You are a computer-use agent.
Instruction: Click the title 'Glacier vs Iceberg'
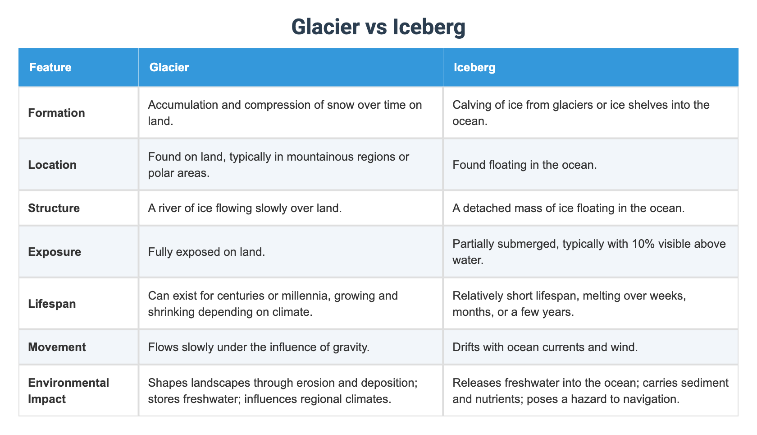pos(378,27)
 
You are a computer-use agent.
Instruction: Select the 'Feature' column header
pos(50,68)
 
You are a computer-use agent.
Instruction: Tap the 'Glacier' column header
pos(169,68)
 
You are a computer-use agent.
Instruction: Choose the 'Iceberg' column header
pos(474,68)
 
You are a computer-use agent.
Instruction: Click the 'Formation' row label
pos(56,113)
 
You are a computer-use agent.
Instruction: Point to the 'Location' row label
pos(52,165)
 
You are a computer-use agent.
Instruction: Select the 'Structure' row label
pos(54,208)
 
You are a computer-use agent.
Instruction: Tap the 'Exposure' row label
pos(55,252)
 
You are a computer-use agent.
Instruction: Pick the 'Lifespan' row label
pos(52,304)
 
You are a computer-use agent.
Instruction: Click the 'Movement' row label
pos(57,347)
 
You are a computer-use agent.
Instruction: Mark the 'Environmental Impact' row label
pos(68,391)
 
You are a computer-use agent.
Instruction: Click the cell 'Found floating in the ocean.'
pos(524,165)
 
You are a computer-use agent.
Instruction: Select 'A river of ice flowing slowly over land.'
pos(245,208)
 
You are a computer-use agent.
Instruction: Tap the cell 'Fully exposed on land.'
pos(206,252)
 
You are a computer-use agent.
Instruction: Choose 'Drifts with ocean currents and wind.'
pos(545,347)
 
